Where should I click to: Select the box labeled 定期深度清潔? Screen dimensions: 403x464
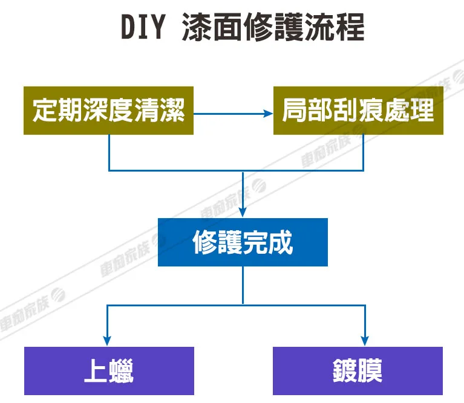[109, 111]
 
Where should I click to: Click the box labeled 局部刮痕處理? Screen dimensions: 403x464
[358, 111]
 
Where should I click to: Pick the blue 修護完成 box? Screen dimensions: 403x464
[243, 242]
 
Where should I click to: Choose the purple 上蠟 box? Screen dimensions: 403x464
[109, 371]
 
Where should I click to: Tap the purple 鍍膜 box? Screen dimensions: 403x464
[358, 371]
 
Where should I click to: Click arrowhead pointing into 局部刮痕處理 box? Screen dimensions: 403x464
[269, 113]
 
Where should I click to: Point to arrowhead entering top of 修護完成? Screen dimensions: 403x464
[243, 213]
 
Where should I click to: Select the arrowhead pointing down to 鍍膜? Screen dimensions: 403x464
[365, 341]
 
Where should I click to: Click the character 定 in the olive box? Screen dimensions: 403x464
[46, 111]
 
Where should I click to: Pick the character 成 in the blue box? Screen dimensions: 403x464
[281, 243]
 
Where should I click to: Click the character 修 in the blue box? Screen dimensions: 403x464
[205, 243]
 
